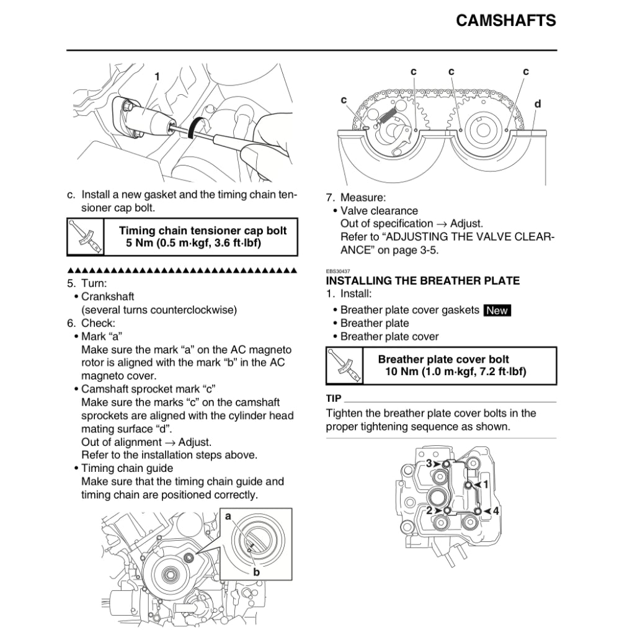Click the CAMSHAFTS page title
[505, 20]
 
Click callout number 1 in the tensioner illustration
[157, 76]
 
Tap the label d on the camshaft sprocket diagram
[538, 104]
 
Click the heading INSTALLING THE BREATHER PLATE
[423, 280]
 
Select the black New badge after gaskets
[497, 310]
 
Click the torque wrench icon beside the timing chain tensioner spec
[86, 237]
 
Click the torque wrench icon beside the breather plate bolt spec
[344, 366]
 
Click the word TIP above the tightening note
[334, 398]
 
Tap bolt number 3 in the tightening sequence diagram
[429, 463]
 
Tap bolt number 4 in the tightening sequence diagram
[496, 510]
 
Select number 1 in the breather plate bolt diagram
[486, 483]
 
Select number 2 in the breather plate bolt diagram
[429, 510]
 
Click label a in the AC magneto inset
[228, 516]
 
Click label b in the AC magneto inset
[255, 572]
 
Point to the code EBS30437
[337, 271]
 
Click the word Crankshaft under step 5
[108, 296]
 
